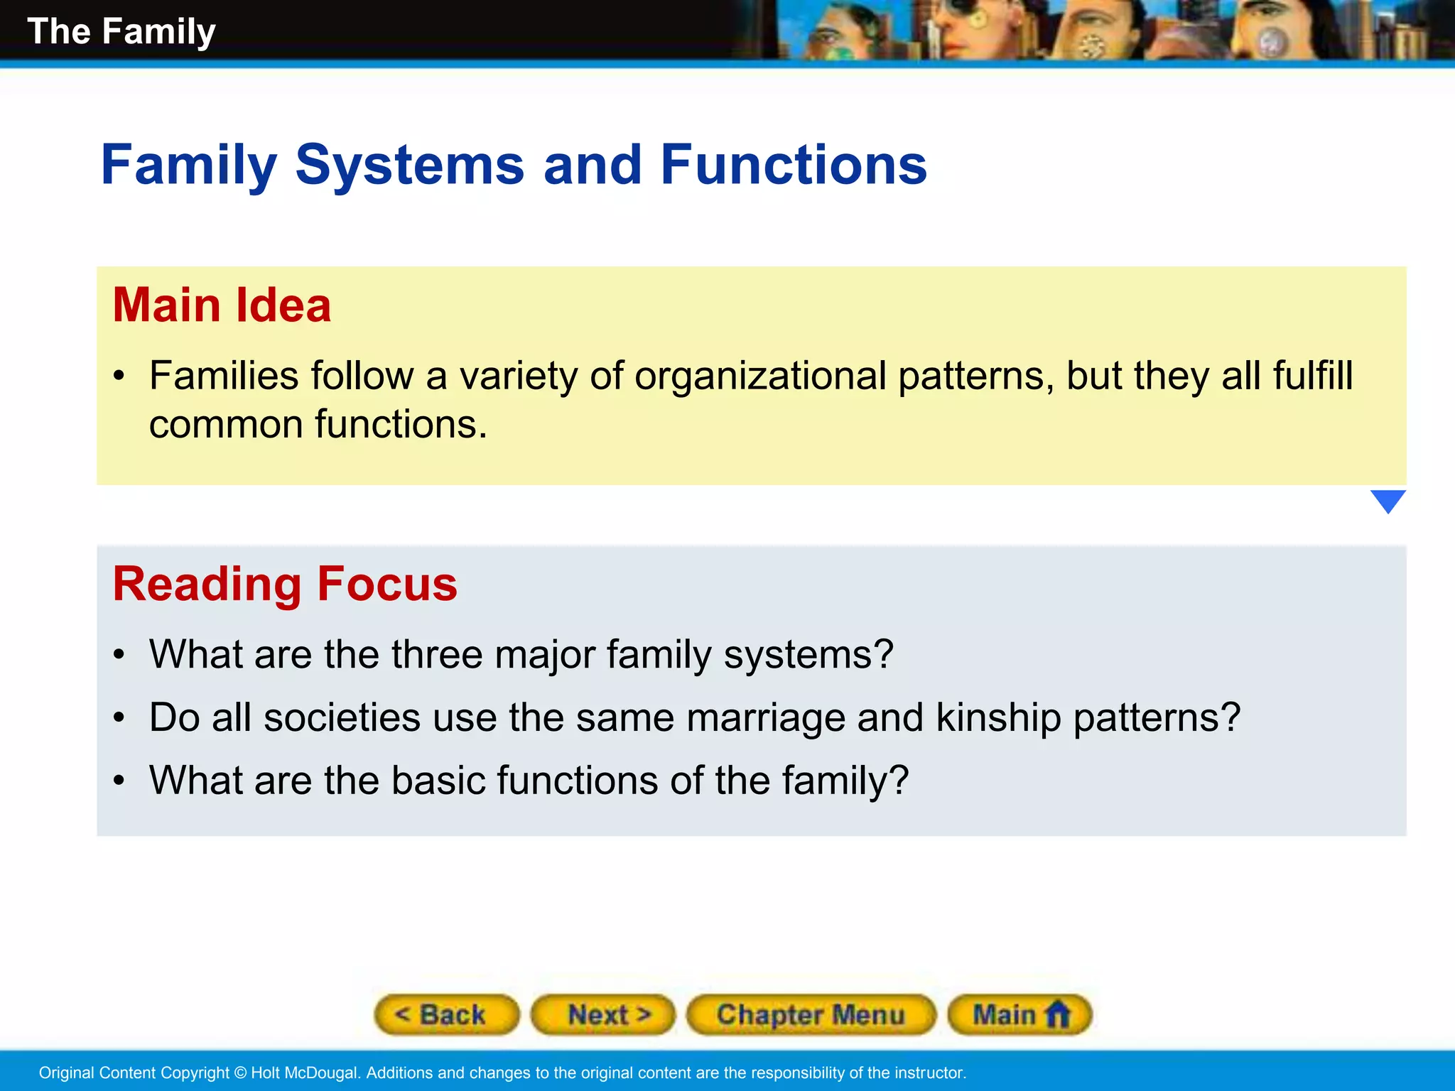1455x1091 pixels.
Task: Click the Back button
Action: (446, 1015)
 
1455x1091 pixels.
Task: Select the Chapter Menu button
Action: (811, 1015)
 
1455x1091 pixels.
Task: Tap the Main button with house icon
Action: (1019, 1015)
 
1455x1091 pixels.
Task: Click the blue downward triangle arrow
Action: (1388, 501)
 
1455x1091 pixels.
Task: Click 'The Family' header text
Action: (121, 32)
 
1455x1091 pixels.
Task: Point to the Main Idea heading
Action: (222, 305)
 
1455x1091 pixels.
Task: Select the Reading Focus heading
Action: (285, 584)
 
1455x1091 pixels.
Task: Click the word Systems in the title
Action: (409, 165)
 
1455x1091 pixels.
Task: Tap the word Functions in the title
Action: (793, 165)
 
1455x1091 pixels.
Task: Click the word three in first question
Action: (436, 654)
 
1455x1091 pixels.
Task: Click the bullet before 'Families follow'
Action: (119, 376)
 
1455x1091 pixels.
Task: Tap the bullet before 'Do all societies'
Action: (119, 717)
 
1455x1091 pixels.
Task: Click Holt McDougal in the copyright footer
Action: (305, 1073)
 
